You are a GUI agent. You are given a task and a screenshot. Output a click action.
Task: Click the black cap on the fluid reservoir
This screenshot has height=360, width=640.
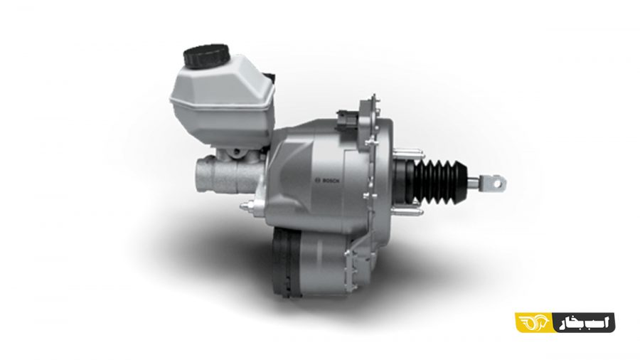[207, 55]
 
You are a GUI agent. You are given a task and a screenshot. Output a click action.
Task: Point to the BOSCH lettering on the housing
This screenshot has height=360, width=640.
[331, 181]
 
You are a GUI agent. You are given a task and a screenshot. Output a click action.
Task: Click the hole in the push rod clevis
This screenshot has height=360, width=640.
[496, 184]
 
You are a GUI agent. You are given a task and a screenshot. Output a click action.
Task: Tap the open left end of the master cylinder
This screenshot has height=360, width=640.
[201, 176]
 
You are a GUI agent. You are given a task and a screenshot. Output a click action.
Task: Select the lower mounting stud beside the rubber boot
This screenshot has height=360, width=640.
[407, 211]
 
